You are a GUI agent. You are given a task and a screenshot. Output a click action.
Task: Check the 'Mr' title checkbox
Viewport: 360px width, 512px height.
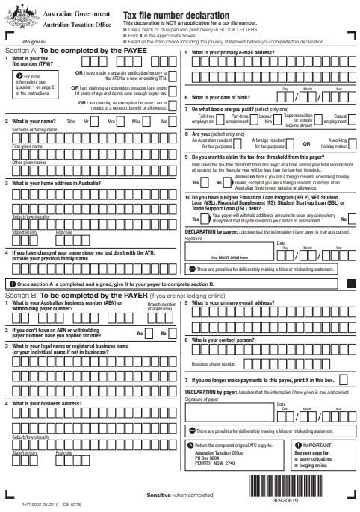tap(96, 122)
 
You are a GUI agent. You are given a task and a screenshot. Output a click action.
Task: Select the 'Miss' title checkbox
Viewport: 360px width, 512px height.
tap(149, 122)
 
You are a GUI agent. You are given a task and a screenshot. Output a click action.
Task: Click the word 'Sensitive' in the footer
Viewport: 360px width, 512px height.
tap(158, 496)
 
